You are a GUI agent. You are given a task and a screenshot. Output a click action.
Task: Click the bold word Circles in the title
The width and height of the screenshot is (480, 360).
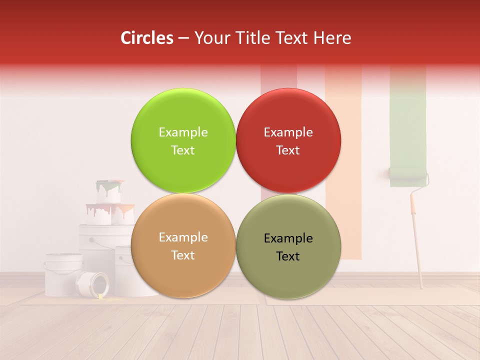147,38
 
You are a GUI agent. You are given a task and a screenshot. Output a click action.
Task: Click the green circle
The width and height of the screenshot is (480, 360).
183,140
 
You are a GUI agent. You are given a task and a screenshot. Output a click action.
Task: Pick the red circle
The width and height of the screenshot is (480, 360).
288,140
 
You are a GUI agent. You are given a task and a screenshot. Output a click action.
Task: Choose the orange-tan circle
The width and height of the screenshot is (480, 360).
183,245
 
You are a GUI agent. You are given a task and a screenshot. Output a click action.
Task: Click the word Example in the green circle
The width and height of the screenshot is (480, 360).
183,132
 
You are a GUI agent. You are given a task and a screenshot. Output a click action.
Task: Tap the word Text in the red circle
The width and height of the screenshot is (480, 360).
288,150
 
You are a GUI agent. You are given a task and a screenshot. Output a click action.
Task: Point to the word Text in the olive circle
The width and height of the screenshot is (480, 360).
288,256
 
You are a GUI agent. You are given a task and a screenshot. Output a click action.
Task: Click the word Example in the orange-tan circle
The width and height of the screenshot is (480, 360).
183,237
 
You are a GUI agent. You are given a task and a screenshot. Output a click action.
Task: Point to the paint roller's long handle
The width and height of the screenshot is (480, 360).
416,240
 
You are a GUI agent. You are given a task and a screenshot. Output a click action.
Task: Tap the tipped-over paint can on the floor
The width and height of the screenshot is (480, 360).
93,284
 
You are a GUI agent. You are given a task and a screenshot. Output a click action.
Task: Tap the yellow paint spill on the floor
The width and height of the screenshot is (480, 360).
102,298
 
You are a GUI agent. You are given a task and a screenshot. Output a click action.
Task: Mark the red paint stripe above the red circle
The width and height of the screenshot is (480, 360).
278,77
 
